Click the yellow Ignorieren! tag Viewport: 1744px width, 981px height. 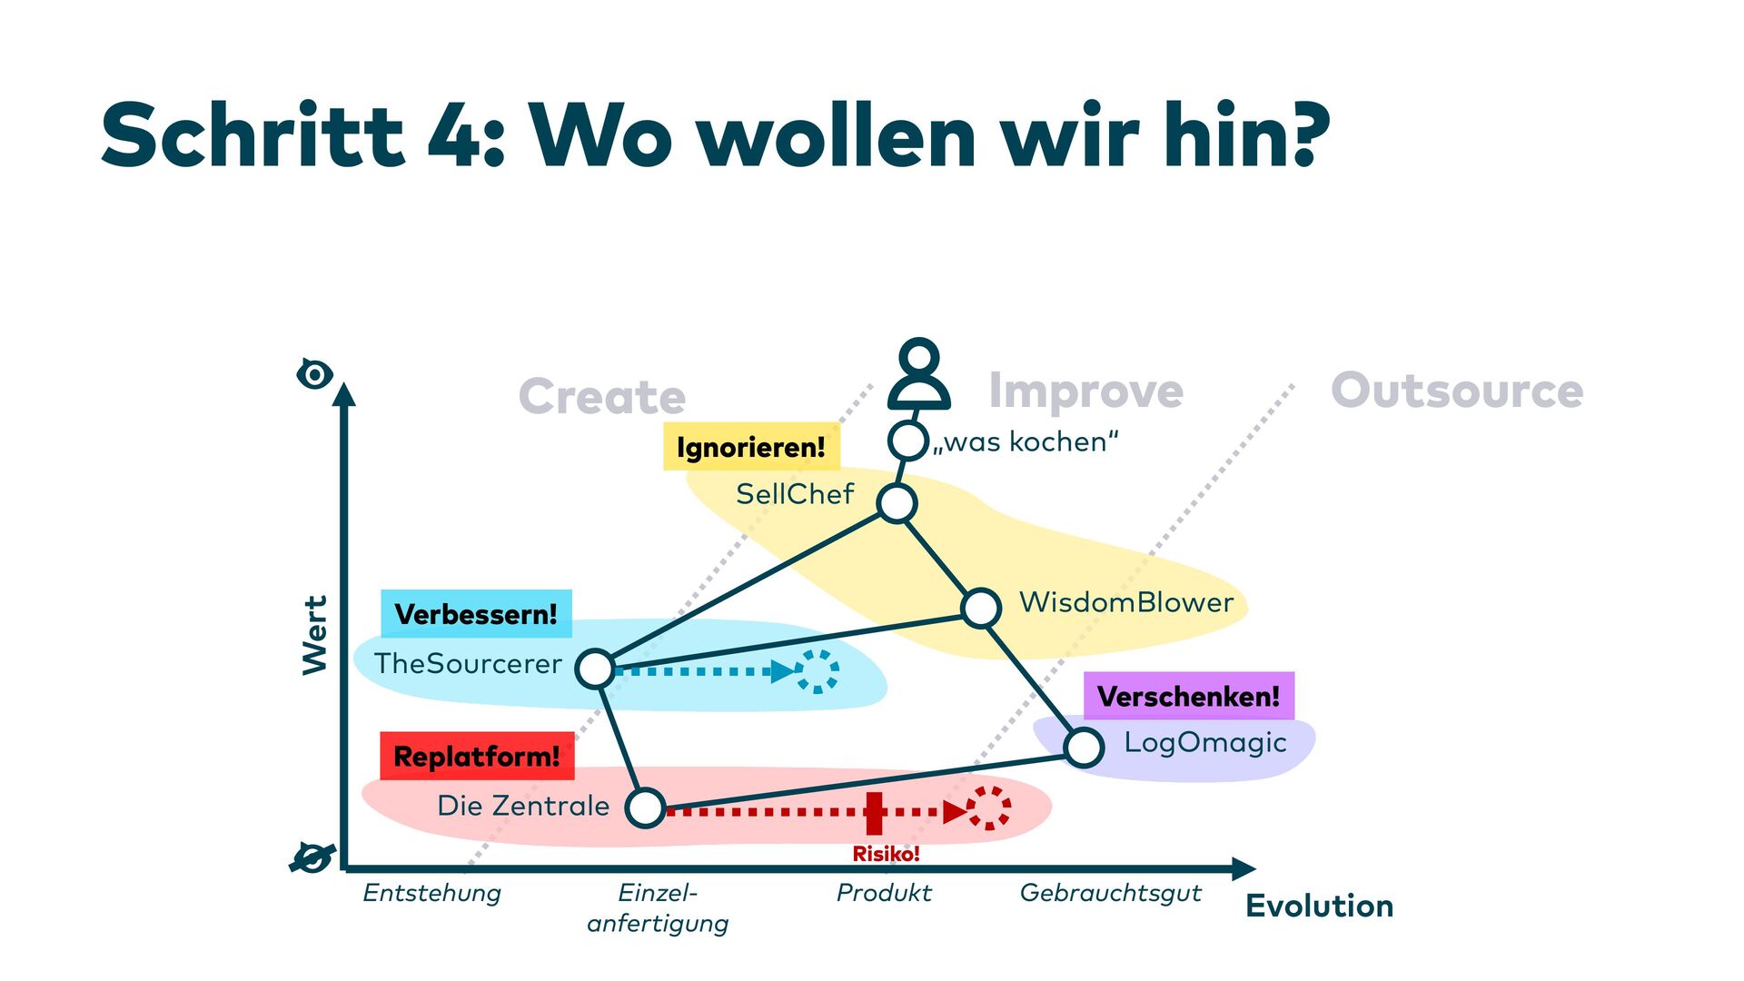click(751, 447)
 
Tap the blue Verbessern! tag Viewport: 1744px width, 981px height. click(476, 614)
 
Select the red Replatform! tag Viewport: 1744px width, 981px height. click(477, 756)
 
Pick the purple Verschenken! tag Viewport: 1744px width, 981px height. click(1188, 696)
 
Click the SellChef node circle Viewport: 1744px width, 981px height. click(897, 503)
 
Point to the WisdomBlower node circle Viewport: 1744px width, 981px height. click(981, 608)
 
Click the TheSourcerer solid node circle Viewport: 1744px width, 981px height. click(595, 669)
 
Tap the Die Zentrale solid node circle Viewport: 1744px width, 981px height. click(646, 808)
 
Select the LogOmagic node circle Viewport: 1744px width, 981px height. click(1084, 748)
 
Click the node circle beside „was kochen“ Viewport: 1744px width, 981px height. click(907, 441)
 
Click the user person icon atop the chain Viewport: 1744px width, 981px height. click(919, 374)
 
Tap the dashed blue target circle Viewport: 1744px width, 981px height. click(817, 671)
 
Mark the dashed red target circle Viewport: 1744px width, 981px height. click(988, 808)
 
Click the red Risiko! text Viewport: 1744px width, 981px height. click(886, 854)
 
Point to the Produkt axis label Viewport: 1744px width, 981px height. click(884, 893)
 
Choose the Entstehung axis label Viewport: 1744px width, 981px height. click(431, 893)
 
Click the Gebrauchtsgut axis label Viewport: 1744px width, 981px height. click(1110, 893)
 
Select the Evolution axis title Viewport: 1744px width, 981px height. click(1319, 906)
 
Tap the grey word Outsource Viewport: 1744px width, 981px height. click(1457, 391)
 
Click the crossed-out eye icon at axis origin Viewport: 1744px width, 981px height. click(312, 857)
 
